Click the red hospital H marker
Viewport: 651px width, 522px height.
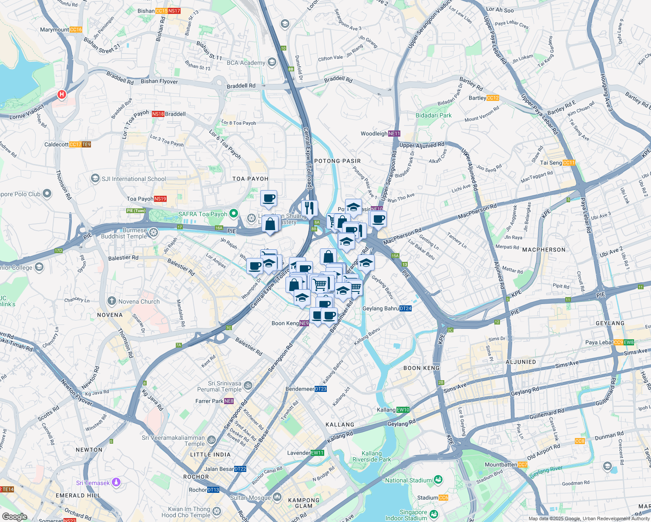click(62, 94)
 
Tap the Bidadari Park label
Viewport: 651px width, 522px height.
click(433, 115)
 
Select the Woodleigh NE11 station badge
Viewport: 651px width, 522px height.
click(394, 134)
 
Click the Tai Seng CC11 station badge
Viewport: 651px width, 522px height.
click(569, 163)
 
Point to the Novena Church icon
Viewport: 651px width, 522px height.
click(112, 301)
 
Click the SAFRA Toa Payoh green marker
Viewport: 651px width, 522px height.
click(234, 214)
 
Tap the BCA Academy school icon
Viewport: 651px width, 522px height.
click(272, 62)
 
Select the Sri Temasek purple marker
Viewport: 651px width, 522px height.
click(116, 482)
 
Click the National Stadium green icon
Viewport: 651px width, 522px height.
click(438, 480)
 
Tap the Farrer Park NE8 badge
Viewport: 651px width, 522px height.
click(229, 401)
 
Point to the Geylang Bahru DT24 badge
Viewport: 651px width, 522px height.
click(406, 308)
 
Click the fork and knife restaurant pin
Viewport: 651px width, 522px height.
click(309, 208)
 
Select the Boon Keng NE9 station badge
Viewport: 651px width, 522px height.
click(304, 323)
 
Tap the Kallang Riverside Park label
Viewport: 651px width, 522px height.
click(372, 456)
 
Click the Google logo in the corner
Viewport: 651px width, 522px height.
click(15, 517)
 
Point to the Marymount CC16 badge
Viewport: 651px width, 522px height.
click(76, 30)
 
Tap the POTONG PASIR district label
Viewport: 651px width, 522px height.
click(338, 161)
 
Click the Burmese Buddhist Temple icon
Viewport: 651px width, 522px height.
click(154, 233)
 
